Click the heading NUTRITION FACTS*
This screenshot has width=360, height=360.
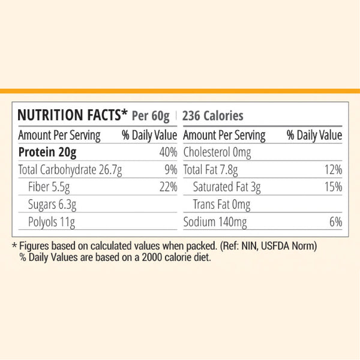pos(73,115)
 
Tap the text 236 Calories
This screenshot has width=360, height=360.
pos(212,115)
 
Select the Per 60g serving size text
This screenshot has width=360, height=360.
pos(151,115)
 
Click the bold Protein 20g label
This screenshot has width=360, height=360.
pos(52,152)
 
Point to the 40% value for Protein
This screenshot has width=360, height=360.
pos(169,152)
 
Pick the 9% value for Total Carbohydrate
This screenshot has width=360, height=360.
pos(171,169)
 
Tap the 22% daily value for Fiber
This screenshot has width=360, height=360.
pos(169,187)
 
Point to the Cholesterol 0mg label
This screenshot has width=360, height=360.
pos(218,152)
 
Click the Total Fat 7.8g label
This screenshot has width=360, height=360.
pos(211,169)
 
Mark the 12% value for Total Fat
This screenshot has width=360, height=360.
pos(333,169)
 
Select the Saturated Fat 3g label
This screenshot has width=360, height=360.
pos(227,187)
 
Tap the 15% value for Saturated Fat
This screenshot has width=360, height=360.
pos(333,187)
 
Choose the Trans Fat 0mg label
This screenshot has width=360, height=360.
pos(221,205)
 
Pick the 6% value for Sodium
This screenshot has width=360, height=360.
pos(336,223)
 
